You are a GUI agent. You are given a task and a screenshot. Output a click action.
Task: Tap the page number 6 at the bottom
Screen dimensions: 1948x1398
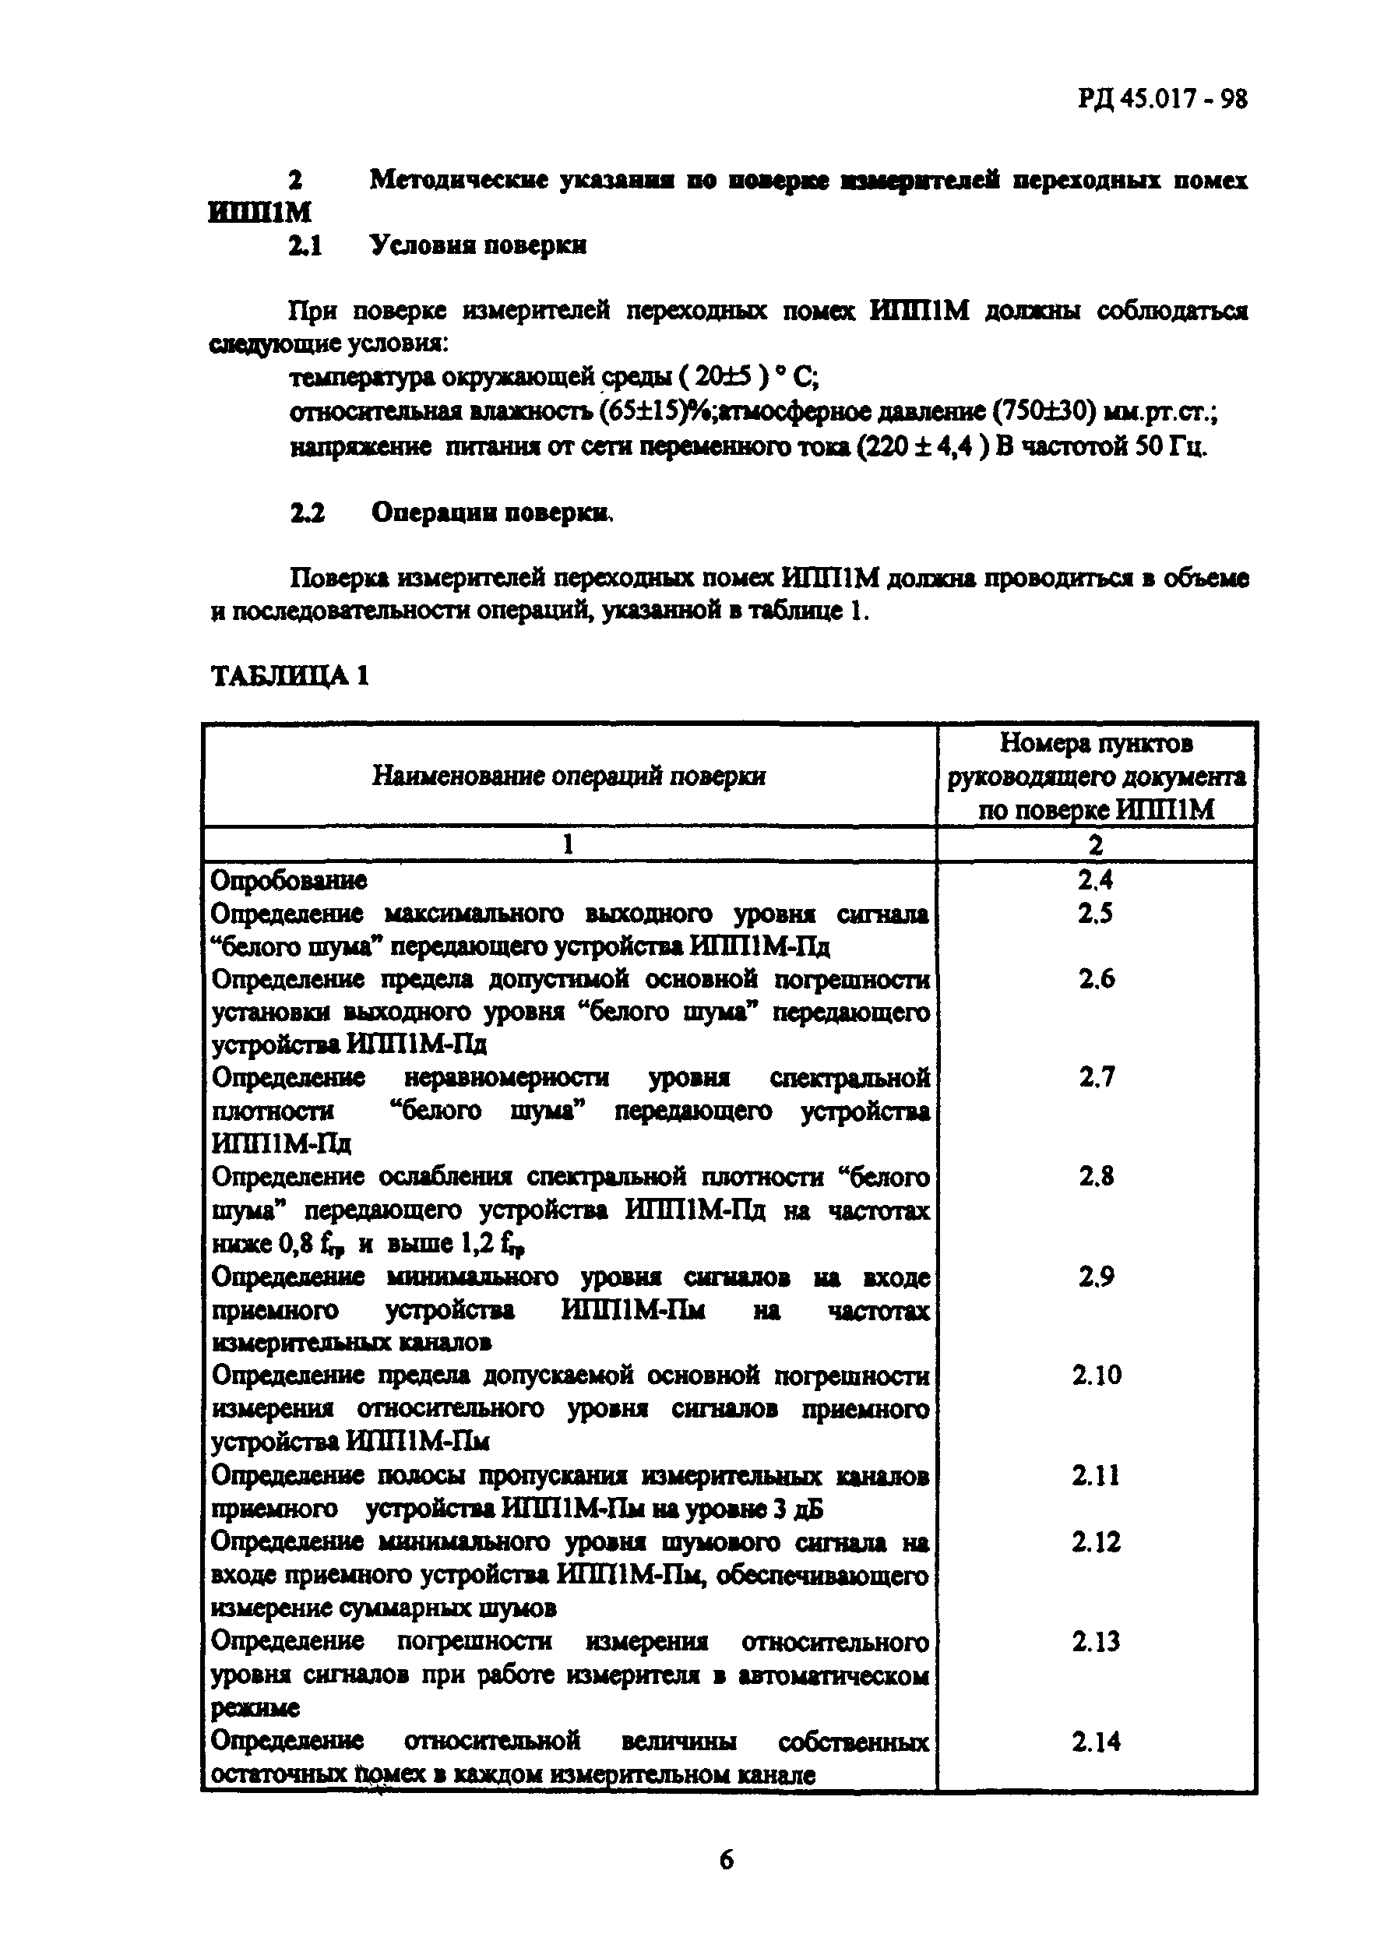tap(726, 1859)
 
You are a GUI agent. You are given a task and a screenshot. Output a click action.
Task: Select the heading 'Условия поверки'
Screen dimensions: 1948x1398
tap(478, 245)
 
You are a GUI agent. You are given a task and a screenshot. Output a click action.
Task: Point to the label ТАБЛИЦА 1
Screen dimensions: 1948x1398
tap(291, 675)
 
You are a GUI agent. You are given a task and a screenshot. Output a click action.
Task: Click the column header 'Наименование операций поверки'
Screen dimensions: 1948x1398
tap(569, 776)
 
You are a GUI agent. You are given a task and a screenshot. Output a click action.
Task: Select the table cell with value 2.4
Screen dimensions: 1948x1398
tap(1095, 879)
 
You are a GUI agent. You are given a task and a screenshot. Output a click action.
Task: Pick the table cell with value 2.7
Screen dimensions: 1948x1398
tap(1096, 1077)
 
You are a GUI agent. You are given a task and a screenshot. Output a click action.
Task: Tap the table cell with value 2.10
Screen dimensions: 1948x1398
tap(1096, 1375)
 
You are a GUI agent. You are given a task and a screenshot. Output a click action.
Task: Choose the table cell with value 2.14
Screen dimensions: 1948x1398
tap(1096, 1741)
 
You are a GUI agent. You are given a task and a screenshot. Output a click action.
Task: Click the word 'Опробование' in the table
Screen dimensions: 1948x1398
tap(288, 880)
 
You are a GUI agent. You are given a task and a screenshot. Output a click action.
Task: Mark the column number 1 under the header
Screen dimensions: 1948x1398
tap(568, 845)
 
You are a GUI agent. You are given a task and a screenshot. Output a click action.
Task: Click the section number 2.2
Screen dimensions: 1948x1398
tap(307, 513)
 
